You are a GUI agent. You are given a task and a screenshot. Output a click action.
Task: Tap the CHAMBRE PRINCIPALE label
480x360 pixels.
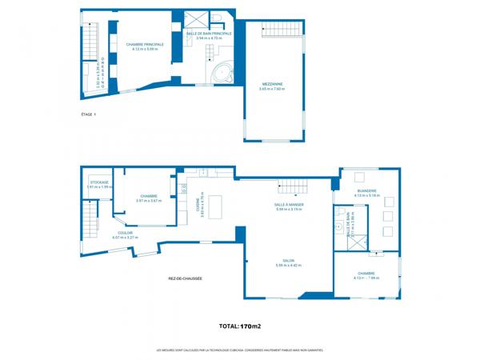(x=145, y=44)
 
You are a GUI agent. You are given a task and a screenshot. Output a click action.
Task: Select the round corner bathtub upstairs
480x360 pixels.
(x=221, y=73)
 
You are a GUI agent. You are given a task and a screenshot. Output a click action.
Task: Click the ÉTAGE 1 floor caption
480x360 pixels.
(x=89, y=115)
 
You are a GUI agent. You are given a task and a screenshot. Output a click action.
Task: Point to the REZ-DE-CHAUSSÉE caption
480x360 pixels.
(x=185, y=278)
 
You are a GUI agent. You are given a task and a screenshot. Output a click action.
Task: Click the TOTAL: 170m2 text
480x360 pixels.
(x=240, y=326)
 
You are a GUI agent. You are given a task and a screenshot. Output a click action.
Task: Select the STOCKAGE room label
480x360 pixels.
(x=99, y=182)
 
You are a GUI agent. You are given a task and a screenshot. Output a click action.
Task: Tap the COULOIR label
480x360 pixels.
(x=125, y=233)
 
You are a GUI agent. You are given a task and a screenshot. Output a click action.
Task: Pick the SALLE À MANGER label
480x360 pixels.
(x=289, y=204)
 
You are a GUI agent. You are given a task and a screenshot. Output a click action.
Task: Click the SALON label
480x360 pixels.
(x=288, y=260)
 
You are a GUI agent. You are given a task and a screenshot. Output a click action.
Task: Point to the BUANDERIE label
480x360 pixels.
(x=366, y=190)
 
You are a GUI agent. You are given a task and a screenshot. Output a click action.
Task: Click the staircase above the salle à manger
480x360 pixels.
(x=291, y=186)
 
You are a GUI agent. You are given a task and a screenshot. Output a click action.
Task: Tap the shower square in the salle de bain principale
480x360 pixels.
(x=195, y=20)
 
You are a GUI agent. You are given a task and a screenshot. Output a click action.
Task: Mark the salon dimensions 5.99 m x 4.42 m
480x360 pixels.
(x=288, y=265)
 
